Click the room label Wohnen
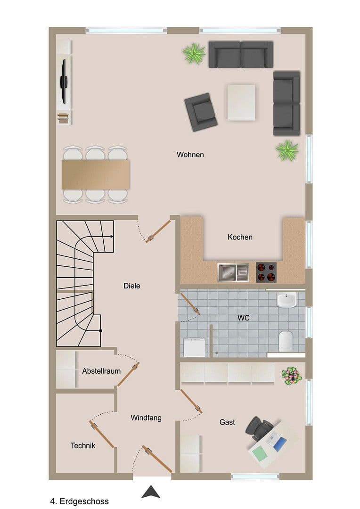(x=190, y=155)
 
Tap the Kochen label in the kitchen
(x=240, y=237)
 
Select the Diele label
(x=132, y=286)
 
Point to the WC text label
(x=243, y=318)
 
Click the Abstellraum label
(x=101, y=371)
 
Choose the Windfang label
(x=146, y=418)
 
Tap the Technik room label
(x=83, y=445)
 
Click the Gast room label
(x=227, y=422)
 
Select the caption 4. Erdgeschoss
(x=79, y=501)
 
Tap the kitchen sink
(x=233, y=272)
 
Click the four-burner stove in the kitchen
(x=267, y=272)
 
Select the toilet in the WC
(x=286, y=341)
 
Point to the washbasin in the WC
(x=286, y=300)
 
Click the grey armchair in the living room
(x=201, y=112)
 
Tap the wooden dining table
(x=96, y=174)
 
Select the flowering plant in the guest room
(x=291, y=376)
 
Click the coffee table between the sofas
(x=241, y=102)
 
